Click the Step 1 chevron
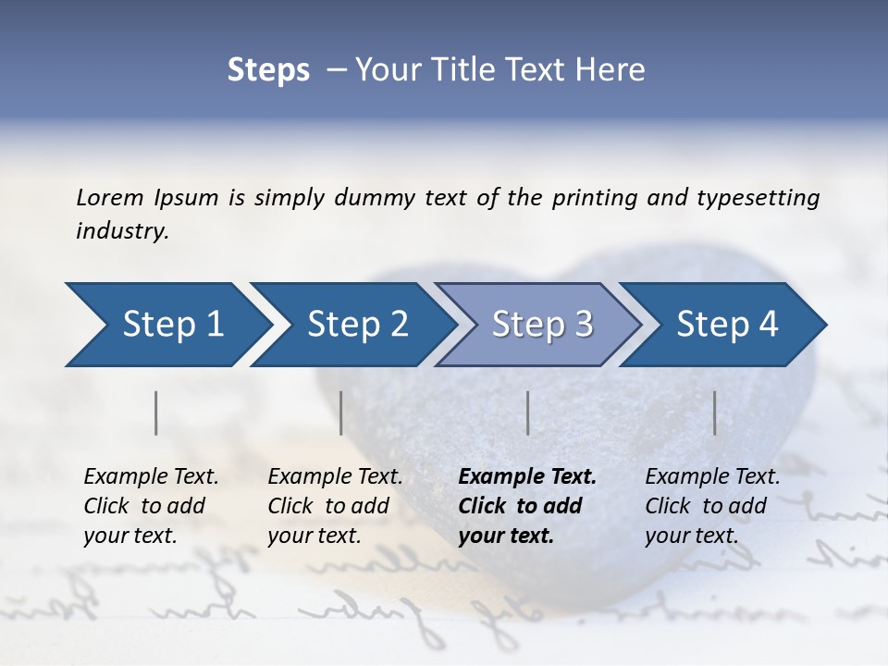tap(166, 325)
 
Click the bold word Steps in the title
tap(268, 69)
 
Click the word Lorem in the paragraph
tap(110, 197)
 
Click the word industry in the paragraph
tap(122, 231)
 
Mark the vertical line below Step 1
tap(156, 413)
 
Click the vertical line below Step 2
tap(341, 413)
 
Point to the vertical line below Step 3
tap(527, 413)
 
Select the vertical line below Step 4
tap(715, 413)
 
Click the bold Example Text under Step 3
tap(527, 477)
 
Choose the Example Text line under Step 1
tap(151, 477)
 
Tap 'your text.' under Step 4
tap(691, 536)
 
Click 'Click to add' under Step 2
tap(328, 506)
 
